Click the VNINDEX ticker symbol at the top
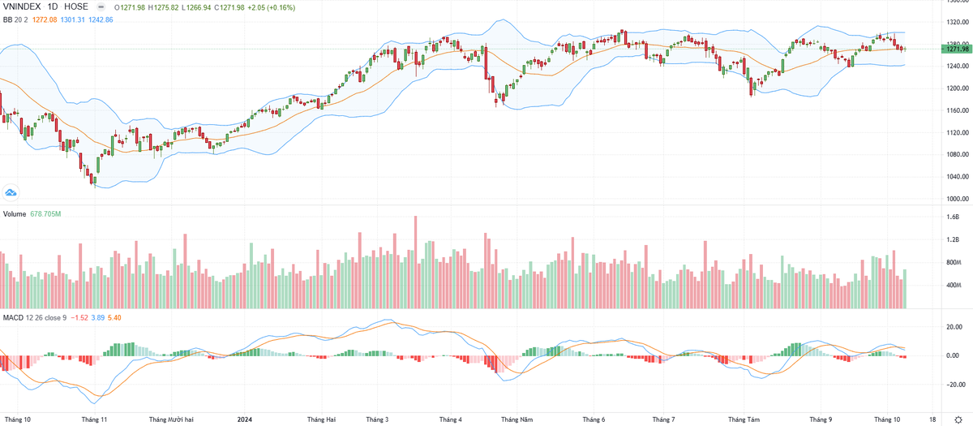point(24,6)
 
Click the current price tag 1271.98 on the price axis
point(954,49)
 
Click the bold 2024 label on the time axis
point(245,420)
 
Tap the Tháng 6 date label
point(594,420)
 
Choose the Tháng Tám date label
point(744,420)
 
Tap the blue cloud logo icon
point(11,192)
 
